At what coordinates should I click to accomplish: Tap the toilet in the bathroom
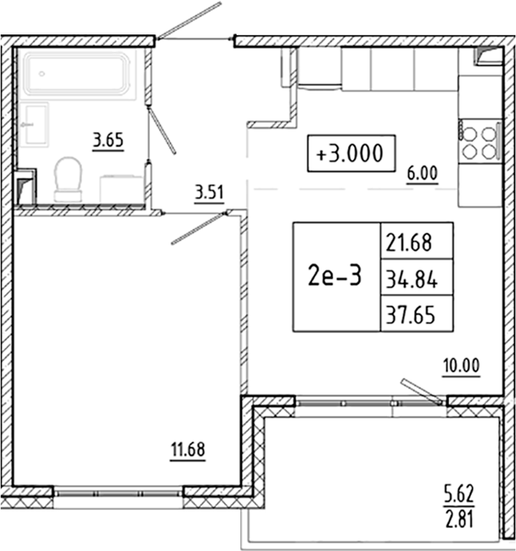[69, 178]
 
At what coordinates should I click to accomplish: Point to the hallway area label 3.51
[209, 193]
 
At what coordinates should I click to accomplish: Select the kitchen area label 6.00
[422, 173]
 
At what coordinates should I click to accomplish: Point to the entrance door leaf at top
[189, 20]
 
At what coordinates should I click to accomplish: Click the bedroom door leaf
[196, 229]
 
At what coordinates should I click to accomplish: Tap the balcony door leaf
[421, 390]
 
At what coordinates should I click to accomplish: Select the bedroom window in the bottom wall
[118, 493]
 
